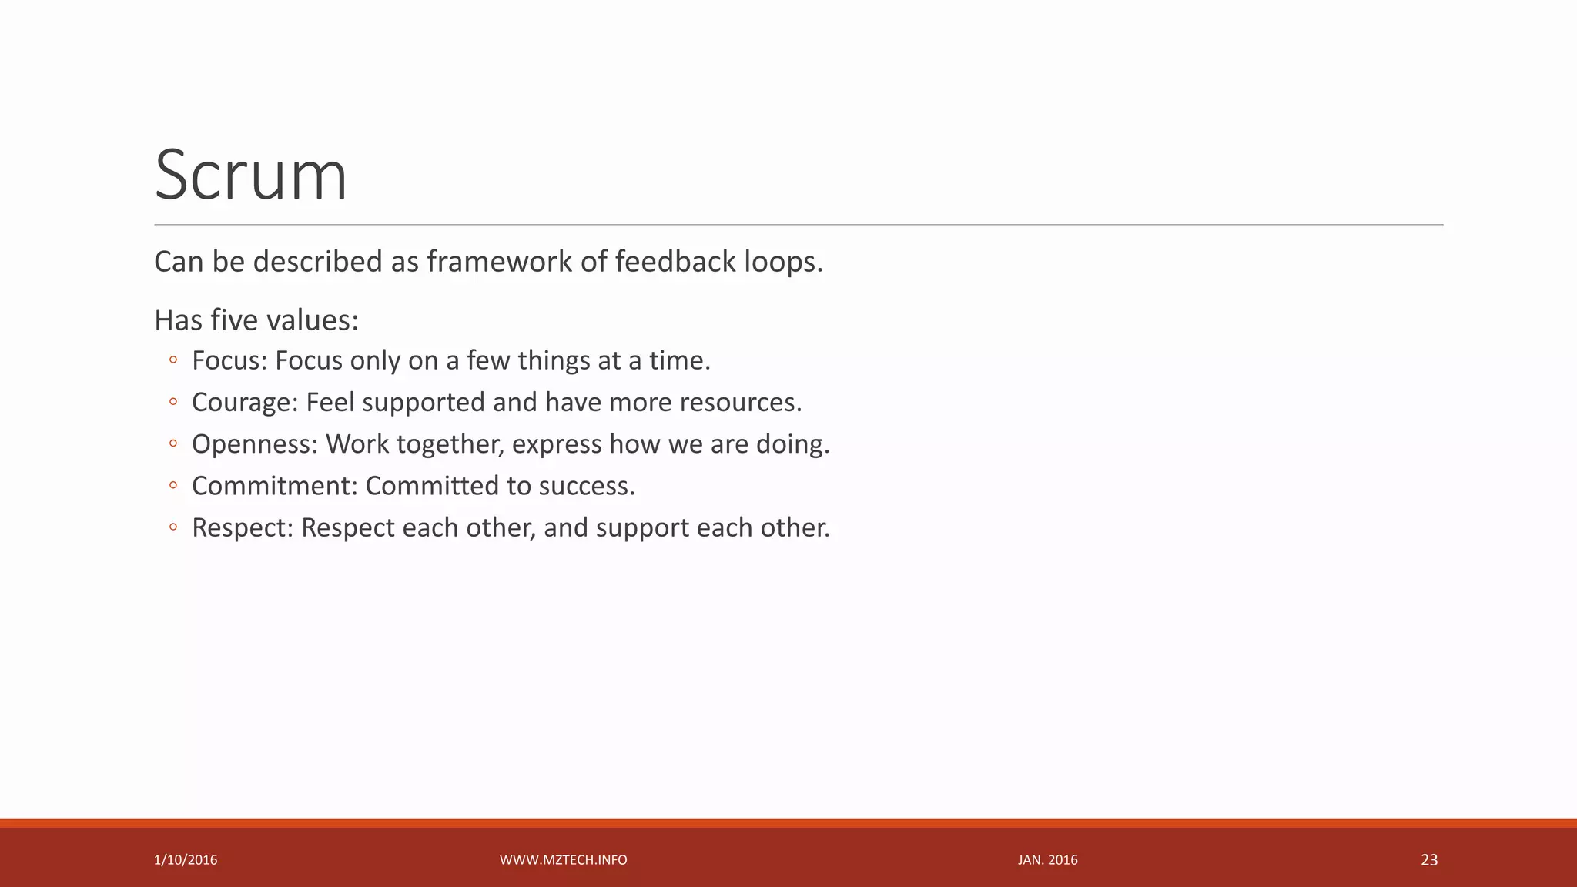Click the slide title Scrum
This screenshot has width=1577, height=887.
251,176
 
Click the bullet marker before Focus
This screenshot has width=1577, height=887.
173,360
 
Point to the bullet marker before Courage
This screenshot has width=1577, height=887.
173,402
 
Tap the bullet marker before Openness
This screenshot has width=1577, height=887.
173,443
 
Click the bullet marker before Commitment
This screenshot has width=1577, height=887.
173,485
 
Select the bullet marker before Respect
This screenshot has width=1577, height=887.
173,527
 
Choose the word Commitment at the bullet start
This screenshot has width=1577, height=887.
274,486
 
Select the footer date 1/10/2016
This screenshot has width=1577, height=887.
186,860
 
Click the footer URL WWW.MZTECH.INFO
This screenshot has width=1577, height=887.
564,860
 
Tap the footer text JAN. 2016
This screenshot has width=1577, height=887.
1047,860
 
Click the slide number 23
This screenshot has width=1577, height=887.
1429,860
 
